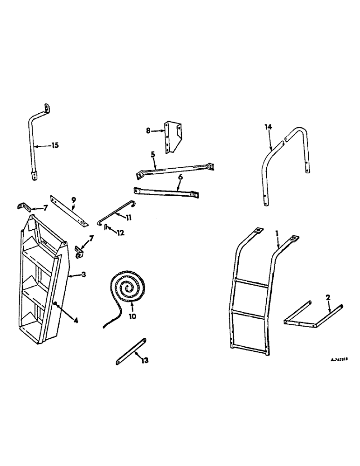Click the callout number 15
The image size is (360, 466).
pyautogui.click(x=55, y=145)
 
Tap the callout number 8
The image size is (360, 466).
pyautogui.click(x=148, y=131)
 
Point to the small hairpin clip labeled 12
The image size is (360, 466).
pyautogui.click(x=106, y=227)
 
